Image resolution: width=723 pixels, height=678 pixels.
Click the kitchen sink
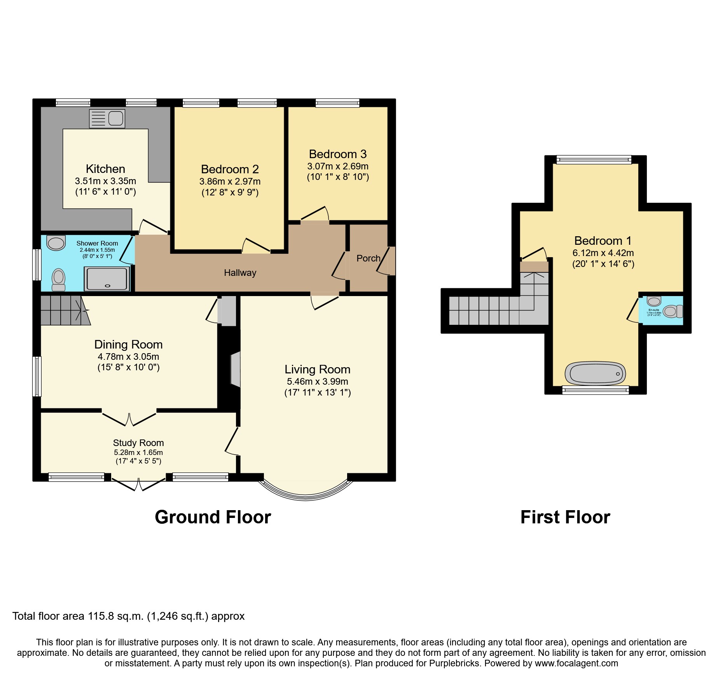(107, 119)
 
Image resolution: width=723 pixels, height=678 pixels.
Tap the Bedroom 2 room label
(230, 169)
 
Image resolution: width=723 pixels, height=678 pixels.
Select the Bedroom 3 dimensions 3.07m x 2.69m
(337, 166)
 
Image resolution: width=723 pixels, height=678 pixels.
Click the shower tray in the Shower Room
(107, 279)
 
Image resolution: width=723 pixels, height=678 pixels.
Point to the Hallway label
(240, 273)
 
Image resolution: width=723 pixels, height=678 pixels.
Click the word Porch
(368, 258)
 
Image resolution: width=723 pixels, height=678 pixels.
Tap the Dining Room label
(128, 345)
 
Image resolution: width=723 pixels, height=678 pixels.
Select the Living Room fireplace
(236, 370)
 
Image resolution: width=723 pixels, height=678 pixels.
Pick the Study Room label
(138, 443)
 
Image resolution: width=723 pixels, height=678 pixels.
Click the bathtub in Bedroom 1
(595, 373)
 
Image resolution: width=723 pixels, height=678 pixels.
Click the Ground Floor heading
(213, 517)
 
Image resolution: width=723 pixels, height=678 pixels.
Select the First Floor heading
(565, 517)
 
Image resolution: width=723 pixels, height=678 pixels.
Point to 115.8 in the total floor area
(102, 616)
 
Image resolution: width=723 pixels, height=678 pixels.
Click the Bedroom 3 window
(337, 103)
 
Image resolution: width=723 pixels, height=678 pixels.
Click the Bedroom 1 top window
(594, 159)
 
